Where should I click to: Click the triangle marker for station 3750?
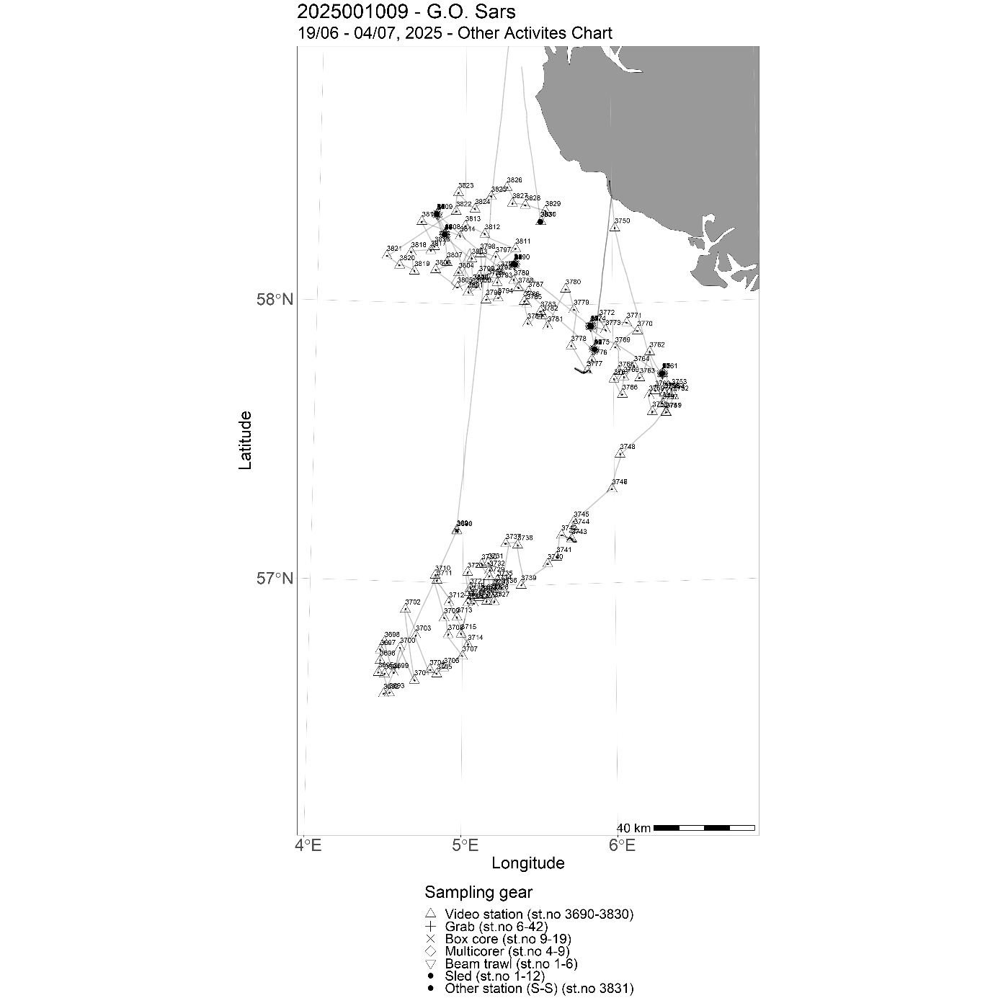pos(615,227)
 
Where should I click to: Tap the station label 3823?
pos(465,186)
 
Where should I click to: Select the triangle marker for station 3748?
pos(620,453)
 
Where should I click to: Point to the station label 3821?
pos(393,249)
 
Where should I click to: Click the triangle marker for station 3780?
pos(566,289)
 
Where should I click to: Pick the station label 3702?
pos(413,602)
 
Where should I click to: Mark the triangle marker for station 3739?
pos(521,584)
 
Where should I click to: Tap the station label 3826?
pos(514,180)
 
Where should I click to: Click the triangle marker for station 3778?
pos(571,345)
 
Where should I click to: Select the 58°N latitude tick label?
pos(275,299)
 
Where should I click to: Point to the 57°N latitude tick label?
pos(275,579)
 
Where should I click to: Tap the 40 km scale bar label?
pos(633,828)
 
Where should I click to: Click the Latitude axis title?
pos(246,440)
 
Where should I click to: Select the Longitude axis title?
pos(527,863)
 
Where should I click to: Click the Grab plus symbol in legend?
pos(430,927)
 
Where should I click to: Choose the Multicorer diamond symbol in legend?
pos(430,951)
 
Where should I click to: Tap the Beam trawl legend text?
pos(511,963)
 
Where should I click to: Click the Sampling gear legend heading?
pos(478,892)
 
